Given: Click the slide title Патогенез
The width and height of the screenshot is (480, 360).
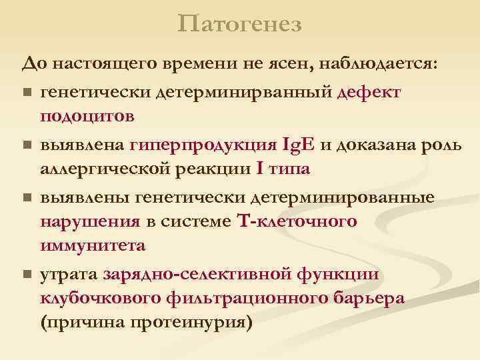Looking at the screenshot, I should pyautogui.click(x=240, y=25).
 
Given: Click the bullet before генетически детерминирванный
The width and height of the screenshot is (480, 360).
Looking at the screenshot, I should pyautogui.click(x=26, y=92).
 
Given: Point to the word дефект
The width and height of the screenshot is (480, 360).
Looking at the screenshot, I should pyautogui.click(x=369, y=91).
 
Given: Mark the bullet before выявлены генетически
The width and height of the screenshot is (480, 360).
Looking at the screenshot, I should pyautogui.click(x=26, y=197).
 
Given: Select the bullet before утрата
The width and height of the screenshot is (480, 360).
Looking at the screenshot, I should pyautogui.click(x=26, y=275).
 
